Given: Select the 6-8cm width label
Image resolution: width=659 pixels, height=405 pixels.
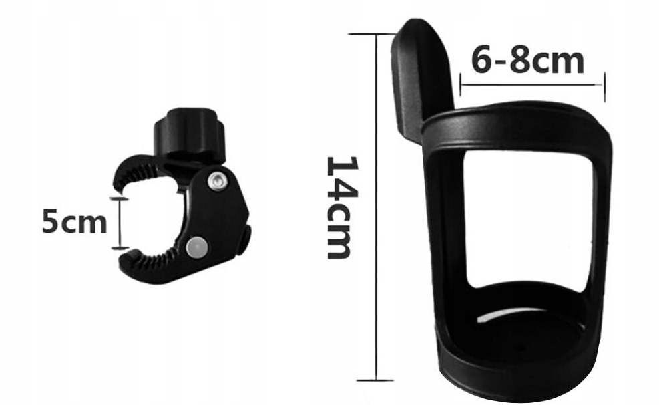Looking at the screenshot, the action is pyautogui.click(x=527, y=61).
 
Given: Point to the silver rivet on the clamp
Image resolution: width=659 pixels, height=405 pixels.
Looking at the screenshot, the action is pyautogui.click(x=216, y=181).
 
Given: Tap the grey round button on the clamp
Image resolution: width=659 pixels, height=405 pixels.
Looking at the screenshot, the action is pyautogui.click(x=196, y=247).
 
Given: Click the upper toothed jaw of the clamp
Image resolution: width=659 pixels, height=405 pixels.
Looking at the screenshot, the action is pyautogui.click(x=139, y=172).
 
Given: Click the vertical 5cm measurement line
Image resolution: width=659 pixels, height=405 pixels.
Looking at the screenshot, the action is pyautogui.click(x=120, y=223).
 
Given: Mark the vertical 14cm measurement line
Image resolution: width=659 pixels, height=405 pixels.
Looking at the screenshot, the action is pyautogui.click(x=377, y=207).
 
